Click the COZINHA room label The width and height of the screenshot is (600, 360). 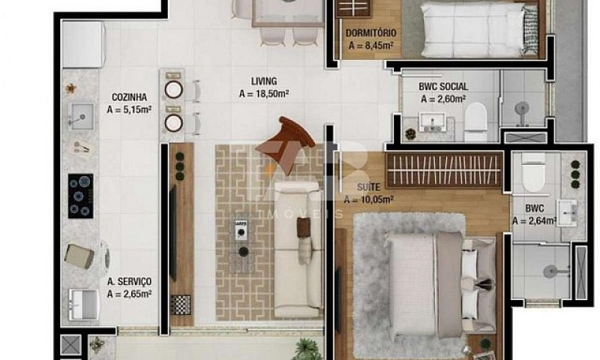[129, 97]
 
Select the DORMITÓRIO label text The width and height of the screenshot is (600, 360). [370, 33]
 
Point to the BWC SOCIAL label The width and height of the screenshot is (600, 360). [443, 86]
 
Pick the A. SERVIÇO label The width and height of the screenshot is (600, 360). [129, 281]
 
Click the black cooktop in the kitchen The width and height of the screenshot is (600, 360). [81, 196]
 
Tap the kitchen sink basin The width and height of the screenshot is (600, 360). [81, 116]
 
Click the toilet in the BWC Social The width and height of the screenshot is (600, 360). [476, 121]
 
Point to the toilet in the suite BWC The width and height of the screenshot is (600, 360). [533, 172]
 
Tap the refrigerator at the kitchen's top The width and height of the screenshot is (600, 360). [84, 44]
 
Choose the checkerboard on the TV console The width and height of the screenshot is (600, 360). [180, 305]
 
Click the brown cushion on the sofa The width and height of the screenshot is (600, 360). [304, 227]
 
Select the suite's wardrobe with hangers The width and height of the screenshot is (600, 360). [444, 170]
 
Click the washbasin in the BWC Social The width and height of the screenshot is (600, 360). [433, 122]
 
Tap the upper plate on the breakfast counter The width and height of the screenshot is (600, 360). [173, 90]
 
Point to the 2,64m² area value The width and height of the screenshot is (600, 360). [535, 220]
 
